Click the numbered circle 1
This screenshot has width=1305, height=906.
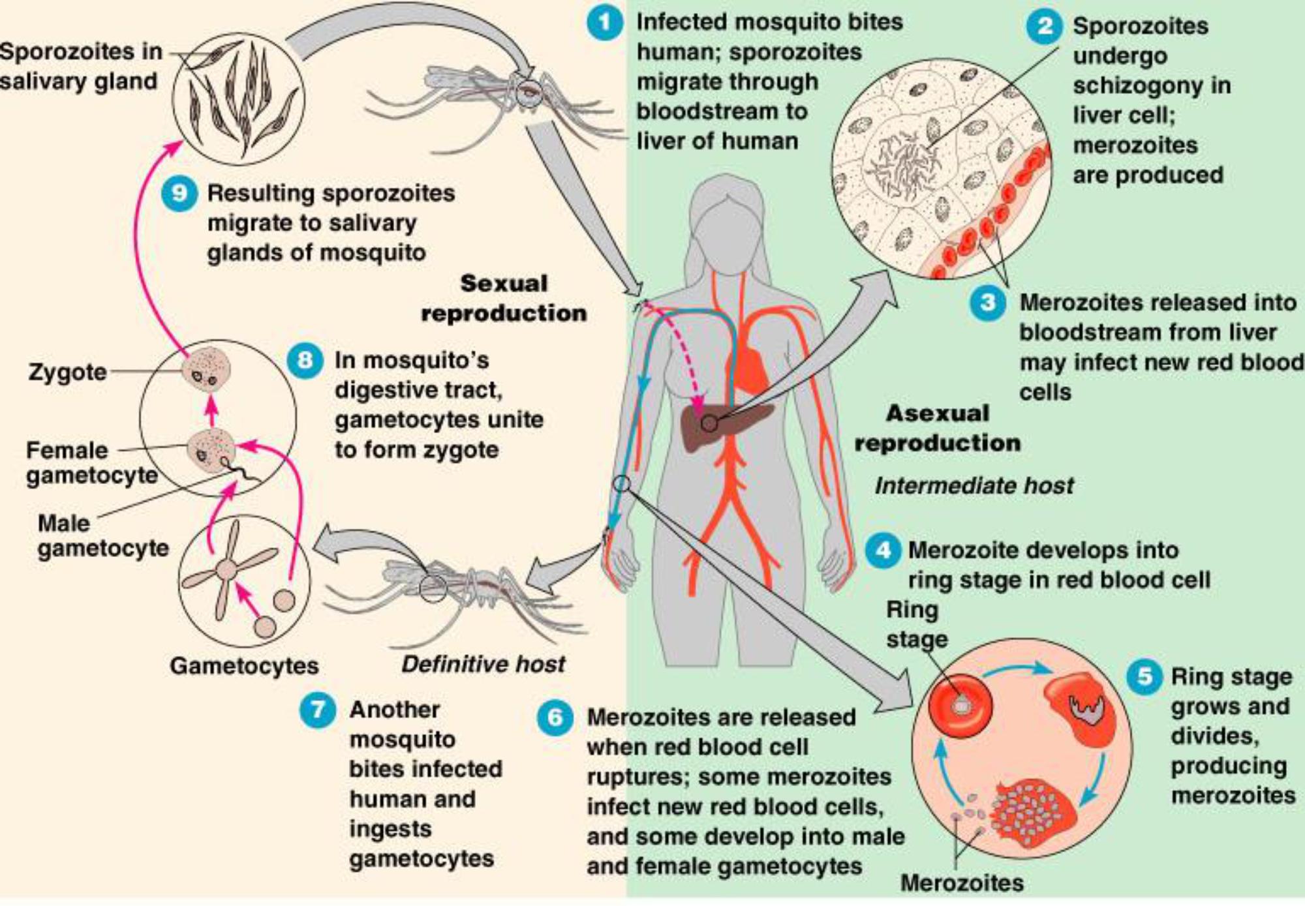604,23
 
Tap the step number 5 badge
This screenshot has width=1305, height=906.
1144,676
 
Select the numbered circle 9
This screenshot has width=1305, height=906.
179,194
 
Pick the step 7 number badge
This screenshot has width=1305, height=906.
318,710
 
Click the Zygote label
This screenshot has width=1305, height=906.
67,372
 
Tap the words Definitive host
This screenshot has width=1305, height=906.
483,664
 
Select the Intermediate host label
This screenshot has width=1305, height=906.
974,486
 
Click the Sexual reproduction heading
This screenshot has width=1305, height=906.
504,298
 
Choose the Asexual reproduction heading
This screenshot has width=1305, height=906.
938,428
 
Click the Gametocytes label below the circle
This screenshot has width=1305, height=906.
244,666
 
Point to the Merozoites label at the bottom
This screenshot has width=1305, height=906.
962,883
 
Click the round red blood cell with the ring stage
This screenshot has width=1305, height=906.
960,706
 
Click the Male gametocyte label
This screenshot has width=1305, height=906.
102,536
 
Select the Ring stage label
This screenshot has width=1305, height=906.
915,624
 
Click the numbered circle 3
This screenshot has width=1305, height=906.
988,303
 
